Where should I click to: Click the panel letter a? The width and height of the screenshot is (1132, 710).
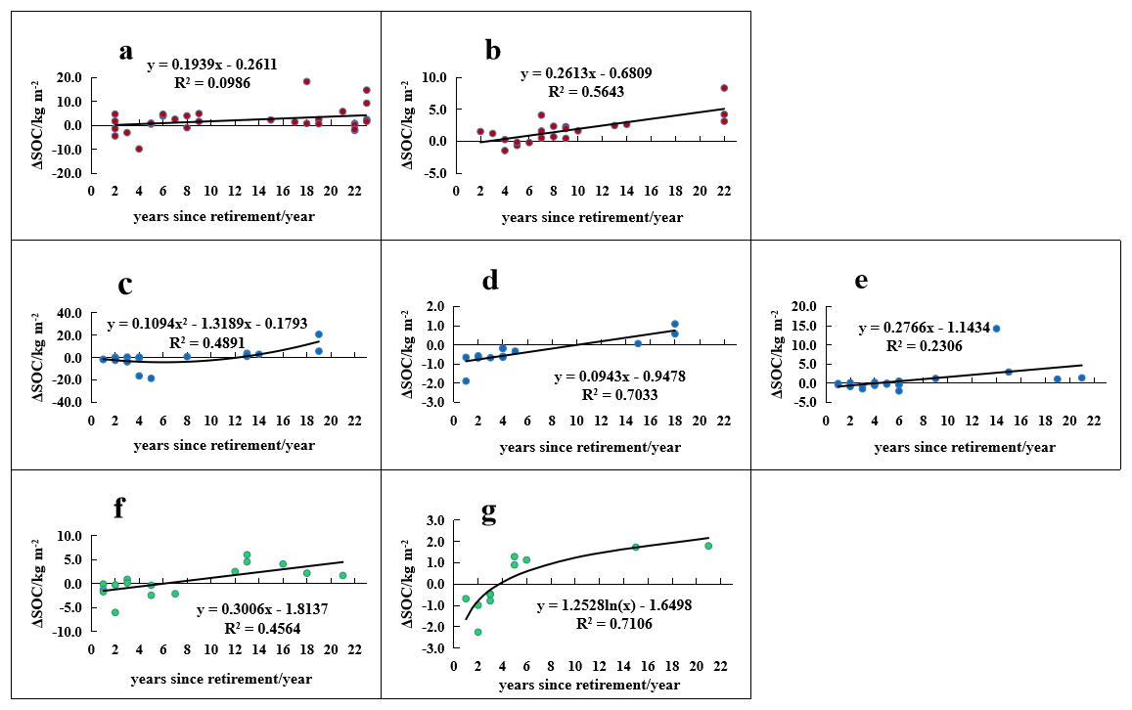coord(125,52)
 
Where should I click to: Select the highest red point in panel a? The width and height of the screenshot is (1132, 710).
coord(306,81)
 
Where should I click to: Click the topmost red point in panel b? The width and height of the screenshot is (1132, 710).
coord(724,88)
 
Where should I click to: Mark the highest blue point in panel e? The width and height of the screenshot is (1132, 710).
coord(996,329)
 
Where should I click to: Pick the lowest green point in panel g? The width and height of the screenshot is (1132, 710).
coord(477,632)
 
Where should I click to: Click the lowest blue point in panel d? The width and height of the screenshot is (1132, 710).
coord(466,380)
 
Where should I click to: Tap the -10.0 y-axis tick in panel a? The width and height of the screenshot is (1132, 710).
coord(67,150)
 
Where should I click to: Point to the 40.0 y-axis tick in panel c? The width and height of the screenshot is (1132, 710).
coord(67,313)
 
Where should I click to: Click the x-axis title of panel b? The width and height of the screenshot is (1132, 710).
coord(592,217)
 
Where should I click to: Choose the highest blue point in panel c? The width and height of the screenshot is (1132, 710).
coord(318,334)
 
